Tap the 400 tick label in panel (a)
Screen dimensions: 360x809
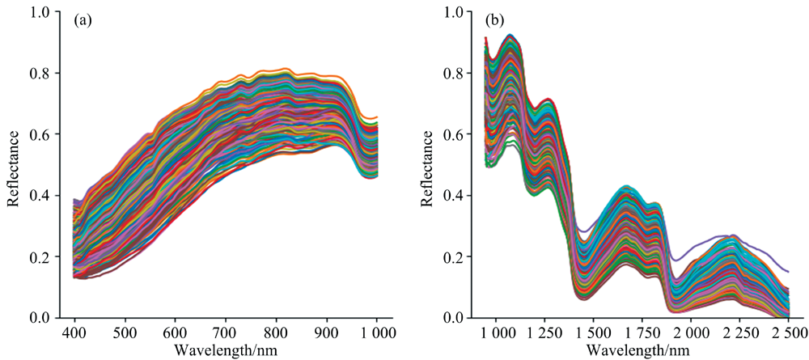75,332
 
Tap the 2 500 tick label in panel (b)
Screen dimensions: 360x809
787,332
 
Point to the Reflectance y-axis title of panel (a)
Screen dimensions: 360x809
13,165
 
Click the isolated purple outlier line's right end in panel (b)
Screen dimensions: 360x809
787,271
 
